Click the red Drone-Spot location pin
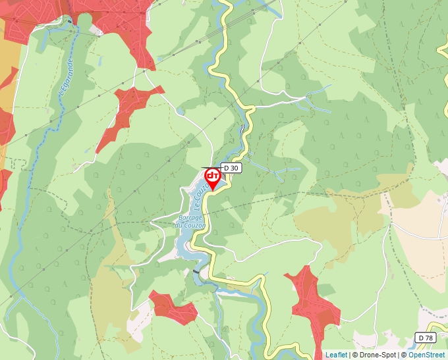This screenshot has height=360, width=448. [213, 178]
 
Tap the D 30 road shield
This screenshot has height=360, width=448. [231, 168]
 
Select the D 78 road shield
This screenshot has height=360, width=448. [426, 338]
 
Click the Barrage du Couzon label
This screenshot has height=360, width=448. [191, 221]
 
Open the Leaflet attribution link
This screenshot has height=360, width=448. [336, 355]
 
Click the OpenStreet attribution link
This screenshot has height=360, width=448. [428, 355]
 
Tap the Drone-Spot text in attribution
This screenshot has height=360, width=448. [378, 355]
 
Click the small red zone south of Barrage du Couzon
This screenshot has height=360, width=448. [173, 307]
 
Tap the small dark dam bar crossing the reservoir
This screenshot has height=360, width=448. [196, 270]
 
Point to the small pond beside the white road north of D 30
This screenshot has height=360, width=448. [181, 112]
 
